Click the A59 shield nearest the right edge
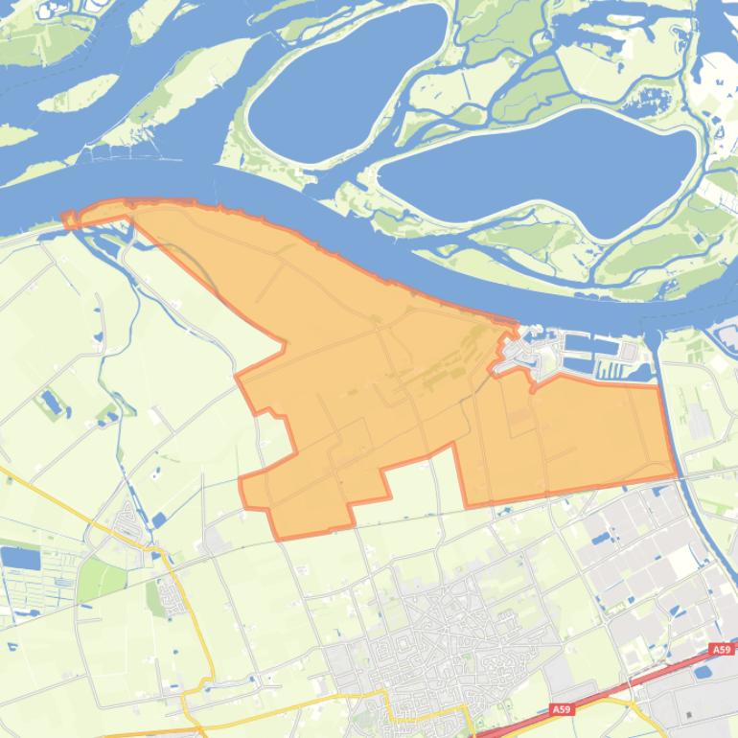tap(722, 650)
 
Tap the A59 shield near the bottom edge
tap(561, 710)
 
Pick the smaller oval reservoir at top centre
tap(345, 81)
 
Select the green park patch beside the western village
tap(101, 580)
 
